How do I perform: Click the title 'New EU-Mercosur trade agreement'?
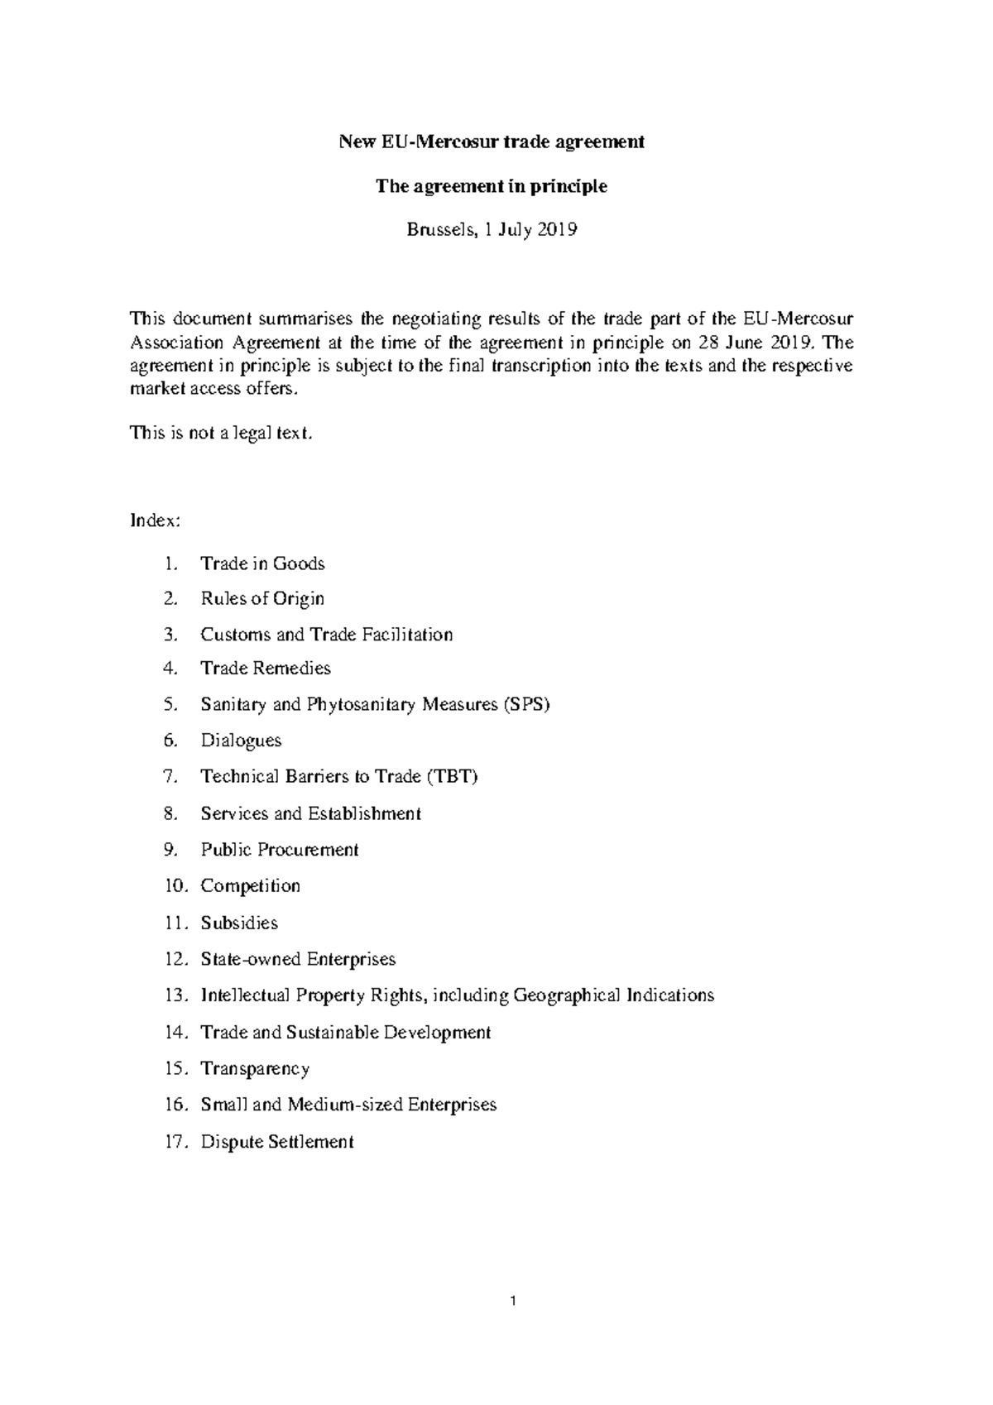pyautogui.click(x=492, y=141)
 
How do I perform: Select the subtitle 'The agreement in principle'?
pyautogui.click(x=492, y=186)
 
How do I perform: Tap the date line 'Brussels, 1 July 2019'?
pyautogui.click(x=492, y=231)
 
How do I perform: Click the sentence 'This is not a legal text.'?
pyautogui.click(x=222, y=433)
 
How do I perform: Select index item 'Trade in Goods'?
pyautogui.click(x=262, y=563)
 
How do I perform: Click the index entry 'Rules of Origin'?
pyautogui.click(x=262, y=598)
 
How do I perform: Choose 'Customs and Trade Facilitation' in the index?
pyautogui.click(x=326, y=635)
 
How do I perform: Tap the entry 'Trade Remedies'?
pyautogui.click(x=265, y=668)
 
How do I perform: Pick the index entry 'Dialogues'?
pyautogui.click(x=241, y=741)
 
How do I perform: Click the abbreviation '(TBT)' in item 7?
pyautogui.click(x=453, y=776)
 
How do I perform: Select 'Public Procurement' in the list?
pyautogui.click(x=280, y=850)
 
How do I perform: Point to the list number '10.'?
pyautogui.click(x=176, y=886)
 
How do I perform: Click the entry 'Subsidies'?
pyautogui.click(x=239, y=923)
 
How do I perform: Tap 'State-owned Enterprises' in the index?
pyautogui.click(x=298, y=959)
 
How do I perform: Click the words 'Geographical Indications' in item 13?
pyautogui.click(x=613, y=995)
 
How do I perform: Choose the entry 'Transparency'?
pyautogui.click(x=255, y=1068)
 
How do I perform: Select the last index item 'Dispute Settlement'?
pyautogui.click(x=277, y=1142)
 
